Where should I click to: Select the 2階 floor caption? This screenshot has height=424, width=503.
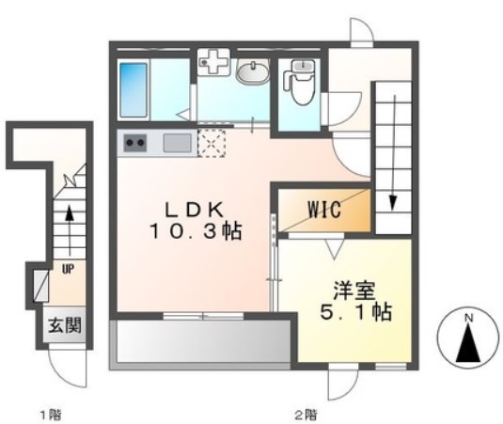pyautogui.click(x=303, y=414)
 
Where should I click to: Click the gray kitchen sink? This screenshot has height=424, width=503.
pyautogui.click(x=178, y=144)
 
